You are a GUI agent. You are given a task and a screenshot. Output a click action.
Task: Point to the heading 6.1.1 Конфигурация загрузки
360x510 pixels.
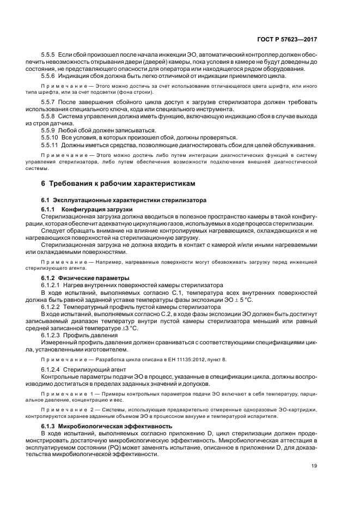(87, 210)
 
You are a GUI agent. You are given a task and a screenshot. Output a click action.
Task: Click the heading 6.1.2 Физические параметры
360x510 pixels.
(83, 278)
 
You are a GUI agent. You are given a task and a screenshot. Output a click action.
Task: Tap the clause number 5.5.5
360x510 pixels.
(50, 55)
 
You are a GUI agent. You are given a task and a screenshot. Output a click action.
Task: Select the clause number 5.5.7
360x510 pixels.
(50, 102)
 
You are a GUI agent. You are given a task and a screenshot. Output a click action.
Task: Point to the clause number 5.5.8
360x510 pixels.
(50, 117)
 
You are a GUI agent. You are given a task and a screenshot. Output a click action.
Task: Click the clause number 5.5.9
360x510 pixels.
(50, 130)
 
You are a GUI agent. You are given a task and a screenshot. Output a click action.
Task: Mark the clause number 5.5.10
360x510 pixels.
(51, 137)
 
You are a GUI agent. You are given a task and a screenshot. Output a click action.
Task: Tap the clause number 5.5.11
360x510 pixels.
(51, 144)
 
